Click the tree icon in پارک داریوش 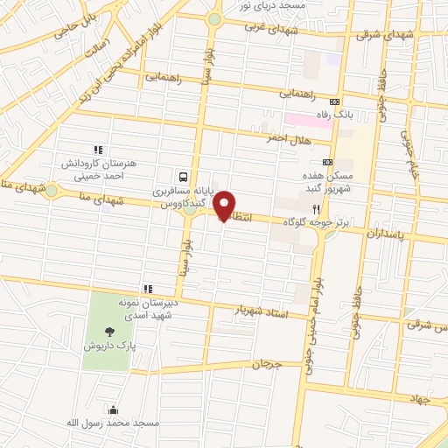click(x=108, y=331)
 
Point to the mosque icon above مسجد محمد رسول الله click(x=111, y=409)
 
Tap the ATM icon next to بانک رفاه click(x=333, y=101)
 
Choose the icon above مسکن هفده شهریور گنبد click(x=326, y=162)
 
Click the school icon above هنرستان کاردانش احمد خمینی click(x=98, y=150)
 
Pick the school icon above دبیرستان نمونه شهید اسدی click(x=148, y=289)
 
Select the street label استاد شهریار click(x=262, y=309)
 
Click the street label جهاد click(x=421, y=398)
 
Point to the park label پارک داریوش click(x=109, y=346)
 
